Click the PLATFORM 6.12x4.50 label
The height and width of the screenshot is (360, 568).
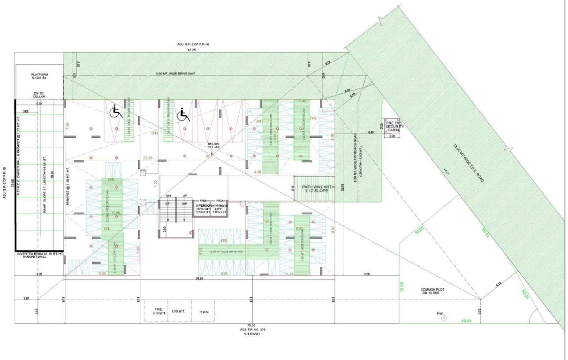pos(40,76)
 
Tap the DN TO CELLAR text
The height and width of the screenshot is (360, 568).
pos(39,95)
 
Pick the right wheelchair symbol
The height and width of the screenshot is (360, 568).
pos(183,114)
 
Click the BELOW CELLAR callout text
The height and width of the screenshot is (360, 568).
pos(213,146)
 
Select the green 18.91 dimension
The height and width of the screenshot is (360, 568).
pos(466,321)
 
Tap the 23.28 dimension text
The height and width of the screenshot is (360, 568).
pos(148,158)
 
